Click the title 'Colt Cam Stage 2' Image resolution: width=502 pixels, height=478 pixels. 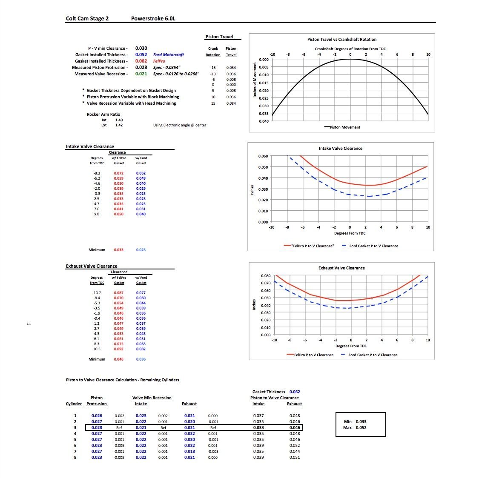point(87,18)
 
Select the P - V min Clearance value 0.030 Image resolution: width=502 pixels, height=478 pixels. point(141,48)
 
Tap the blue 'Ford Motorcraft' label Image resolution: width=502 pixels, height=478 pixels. point(169,55)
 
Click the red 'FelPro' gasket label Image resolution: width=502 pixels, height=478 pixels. point(159,61)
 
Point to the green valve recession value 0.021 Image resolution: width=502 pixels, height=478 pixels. point(141,74)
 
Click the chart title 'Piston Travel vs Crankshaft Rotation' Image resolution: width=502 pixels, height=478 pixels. point(342,39)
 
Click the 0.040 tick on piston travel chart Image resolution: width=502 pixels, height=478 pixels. point(264,121)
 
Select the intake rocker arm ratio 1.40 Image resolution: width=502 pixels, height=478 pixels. point(119,120)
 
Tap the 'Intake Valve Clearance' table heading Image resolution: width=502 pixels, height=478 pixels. point(90,146)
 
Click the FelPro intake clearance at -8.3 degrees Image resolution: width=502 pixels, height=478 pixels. point(119,173)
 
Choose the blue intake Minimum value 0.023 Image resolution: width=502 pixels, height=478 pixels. point(141,249)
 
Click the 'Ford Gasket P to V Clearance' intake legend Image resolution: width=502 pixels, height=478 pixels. point(370,246)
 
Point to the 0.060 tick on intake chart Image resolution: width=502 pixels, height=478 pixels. point(263,156)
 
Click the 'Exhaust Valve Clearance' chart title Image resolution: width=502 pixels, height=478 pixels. point(341,268)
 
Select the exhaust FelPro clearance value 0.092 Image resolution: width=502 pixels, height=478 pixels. point(119,349)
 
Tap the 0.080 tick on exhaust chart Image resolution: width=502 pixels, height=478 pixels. point(266,275)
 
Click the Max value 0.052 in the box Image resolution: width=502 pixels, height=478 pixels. point(361,427)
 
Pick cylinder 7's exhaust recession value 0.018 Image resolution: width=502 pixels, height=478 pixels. point(189,452)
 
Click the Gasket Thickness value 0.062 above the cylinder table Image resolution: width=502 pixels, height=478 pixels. point(295,392)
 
